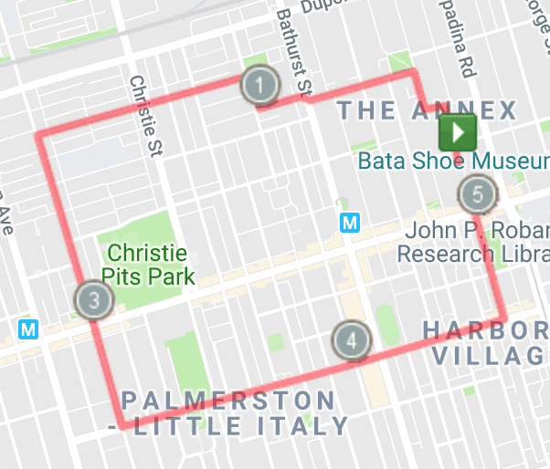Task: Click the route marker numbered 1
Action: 260,87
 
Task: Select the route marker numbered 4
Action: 352,341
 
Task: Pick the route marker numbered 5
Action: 477,193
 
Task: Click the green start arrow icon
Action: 458,133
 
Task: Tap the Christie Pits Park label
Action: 147,263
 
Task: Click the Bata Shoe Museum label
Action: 452,161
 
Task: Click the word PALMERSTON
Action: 228,400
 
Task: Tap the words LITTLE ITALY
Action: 239,425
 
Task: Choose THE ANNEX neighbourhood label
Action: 427,110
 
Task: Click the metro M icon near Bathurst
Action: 348,222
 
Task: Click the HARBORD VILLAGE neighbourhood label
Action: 489,341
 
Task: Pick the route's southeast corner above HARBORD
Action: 504,318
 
